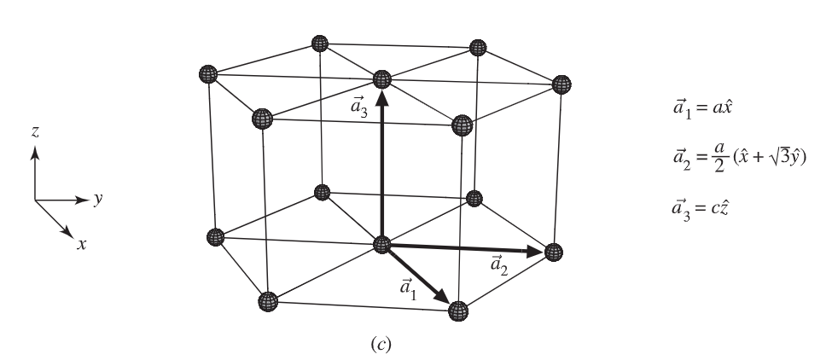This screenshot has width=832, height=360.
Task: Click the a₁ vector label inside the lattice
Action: (410, 288)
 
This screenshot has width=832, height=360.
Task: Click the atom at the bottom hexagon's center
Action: (382, 245)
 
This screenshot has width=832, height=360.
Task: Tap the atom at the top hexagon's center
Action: (382, 79)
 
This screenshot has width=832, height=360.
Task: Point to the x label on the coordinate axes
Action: (82, 244)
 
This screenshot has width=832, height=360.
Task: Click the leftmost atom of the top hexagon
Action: (207, 73)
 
